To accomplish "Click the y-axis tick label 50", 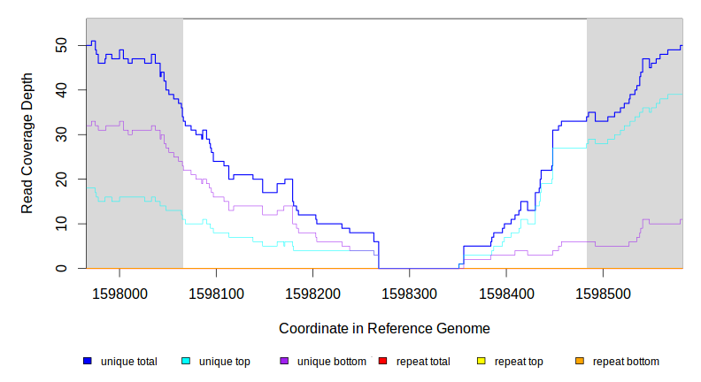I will pyautogui.click(x=61, y=45).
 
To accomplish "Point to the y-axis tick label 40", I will pyautogui.click(x=61, y=90).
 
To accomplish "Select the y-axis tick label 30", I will pyautogui.click(x=61, y=134).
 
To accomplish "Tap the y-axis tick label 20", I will pyautogui.click(x=61, y=180).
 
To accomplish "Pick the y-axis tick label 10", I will pyautogui.click(x=61, y=224).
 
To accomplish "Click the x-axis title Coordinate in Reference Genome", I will pyautogui.click(x=384, y=328).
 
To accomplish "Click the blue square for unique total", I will pyautogui.click(x=88, y=362).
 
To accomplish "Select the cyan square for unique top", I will pyautogui.click(x=186, y=362).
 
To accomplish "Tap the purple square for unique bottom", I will pyautogui.click(x=284, y=362).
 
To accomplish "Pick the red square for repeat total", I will pyautogui.click(x=382, y=362).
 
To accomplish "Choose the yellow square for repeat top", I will pyautogui.click(x=481, y=362).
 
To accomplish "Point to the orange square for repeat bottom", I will pyautogui.click(x=580, y=362).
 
